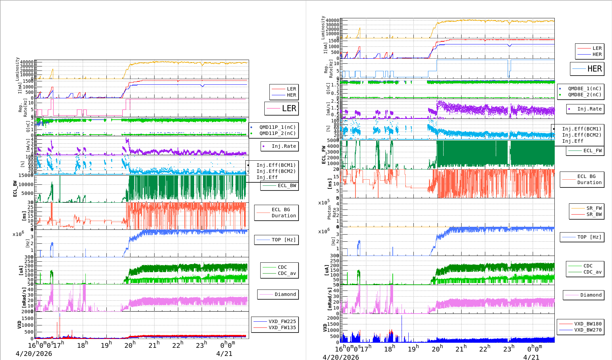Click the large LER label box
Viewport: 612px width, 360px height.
[x=282, y=108]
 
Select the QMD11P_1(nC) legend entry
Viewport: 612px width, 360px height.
[x=277, y=127]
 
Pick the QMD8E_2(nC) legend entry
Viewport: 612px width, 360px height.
[x=584, y=95]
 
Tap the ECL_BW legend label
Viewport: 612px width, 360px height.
[x=287, y=185]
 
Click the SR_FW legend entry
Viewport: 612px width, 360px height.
[x=594, y=208]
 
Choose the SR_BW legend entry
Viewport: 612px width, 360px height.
[x=594, y=214]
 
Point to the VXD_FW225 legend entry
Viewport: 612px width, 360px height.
[x=282, y=321]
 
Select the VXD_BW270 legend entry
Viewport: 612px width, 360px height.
[x=588, y=330]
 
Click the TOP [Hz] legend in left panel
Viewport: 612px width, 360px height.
[x=283, y=240]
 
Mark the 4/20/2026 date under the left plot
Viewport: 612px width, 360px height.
[x=34, y=354]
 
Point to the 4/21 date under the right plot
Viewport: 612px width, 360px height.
[x=531, y=357]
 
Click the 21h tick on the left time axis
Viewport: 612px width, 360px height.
[x=154, y=345]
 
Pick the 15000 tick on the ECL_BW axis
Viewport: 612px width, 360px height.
[x=26, y=175]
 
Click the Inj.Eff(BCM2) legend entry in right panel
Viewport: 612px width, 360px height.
[x=582, y=135]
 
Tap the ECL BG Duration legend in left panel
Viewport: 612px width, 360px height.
[x=283, y=213]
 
